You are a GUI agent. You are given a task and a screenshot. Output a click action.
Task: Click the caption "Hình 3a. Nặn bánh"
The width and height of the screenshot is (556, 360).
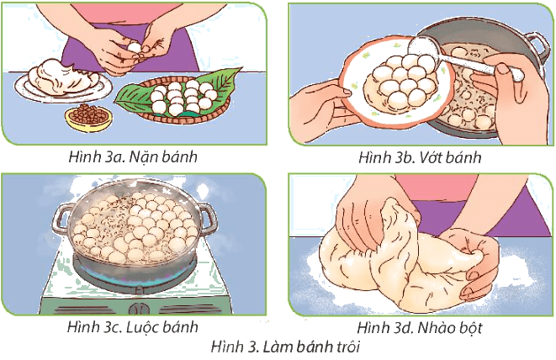[x=133, y=156]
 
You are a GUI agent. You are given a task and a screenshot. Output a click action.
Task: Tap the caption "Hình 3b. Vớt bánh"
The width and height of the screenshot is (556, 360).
[x=420, y=157]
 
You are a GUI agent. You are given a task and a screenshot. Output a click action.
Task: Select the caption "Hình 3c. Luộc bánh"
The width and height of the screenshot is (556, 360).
[x=133, y=327]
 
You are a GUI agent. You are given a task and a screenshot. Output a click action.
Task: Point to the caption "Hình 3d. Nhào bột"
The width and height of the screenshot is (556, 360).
[x=420, y=327]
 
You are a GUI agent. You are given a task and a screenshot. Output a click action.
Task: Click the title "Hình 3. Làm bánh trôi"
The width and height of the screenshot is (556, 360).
[x=285, y=347]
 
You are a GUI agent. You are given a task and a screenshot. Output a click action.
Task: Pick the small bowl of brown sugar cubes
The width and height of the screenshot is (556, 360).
[x=88, y=118]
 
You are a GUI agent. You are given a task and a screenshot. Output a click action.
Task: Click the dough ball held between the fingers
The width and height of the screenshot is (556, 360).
[x=134, y=48]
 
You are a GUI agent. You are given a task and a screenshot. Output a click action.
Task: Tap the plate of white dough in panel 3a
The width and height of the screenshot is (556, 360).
[x=63, y=82]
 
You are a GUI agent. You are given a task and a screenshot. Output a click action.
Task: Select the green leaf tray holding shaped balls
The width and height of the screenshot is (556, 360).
[x=174, y=95]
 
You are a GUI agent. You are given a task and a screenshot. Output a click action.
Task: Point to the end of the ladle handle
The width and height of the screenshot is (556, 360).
[x=518, y=75]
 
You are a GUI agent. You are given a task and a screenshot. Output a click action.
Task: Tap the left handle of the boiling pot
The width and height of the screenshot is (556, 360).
[x=62, y=220]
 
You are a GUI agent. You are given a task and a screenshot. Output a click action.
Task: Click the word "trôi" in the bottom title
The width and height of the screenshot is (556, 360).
[x=347, y=347]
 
